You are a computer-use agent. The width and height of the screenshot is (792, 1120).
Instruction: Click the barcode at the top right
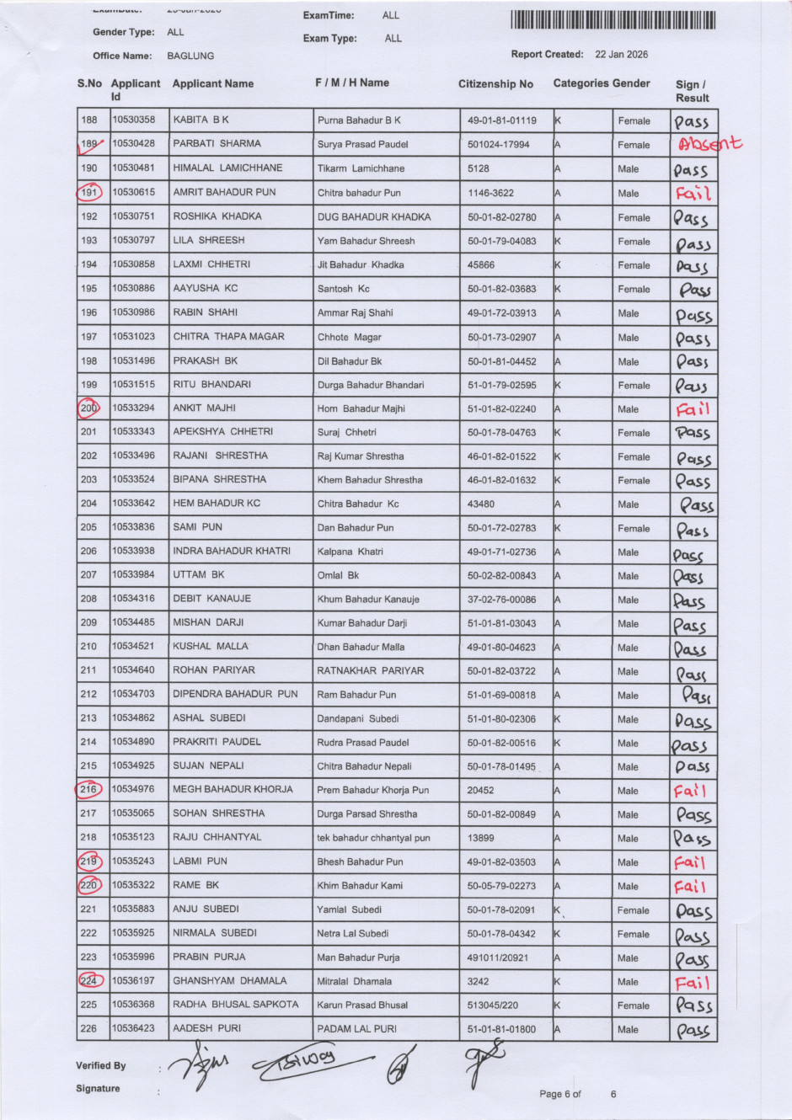(x=613, y=20)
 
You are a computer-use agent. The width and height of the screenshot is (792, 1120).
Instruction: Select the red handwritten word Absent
(x=710, y=144)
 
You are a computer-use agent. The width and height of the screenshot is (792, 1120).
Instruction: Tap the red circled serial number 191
(x=89, y=193)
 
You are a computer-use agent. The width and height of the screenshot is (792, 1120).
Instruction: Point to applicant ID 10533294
(x=133, y=408)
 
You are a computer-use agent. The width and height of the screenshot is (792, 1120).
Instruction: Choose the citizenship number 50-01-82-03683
(x=501, y=289)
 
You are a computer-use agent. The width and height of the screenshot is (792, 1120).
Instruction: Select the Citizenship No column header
(x=495, y=84)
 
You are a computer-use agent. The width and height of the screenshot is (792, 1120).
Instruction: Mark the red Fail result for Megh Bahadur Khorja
(x=690, y=792)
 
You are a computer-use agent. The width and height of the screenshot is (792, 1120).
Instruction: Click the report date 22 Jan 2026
(x=621, y=55)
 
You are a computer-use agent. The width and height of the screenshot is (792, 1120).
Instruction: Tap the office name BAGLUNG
(x=190, y=56)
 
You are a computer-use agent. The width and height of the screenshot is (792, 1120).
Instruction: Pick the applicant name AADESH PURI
(x=206, y=1028)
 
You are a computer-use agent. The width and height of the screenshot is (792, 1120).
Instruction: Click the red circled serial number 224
(x=89, y=981)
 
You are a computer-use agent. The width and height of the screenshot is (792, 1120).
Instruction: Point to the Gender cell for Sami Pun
(x=634, y=529)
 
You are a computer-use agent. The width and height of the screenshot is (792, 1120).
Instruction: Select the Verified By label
(x=101, y=1065)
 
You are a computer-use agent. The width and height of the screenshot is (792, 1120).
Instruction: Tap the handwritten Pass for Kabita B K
(x=692, y=122)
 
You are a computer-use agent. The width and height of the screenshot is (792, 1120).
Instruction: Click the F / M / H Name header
(x=351, y=83)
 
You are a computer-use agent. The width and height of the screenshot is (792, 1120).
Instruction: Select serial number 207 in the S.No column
(x=89, y=575)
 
